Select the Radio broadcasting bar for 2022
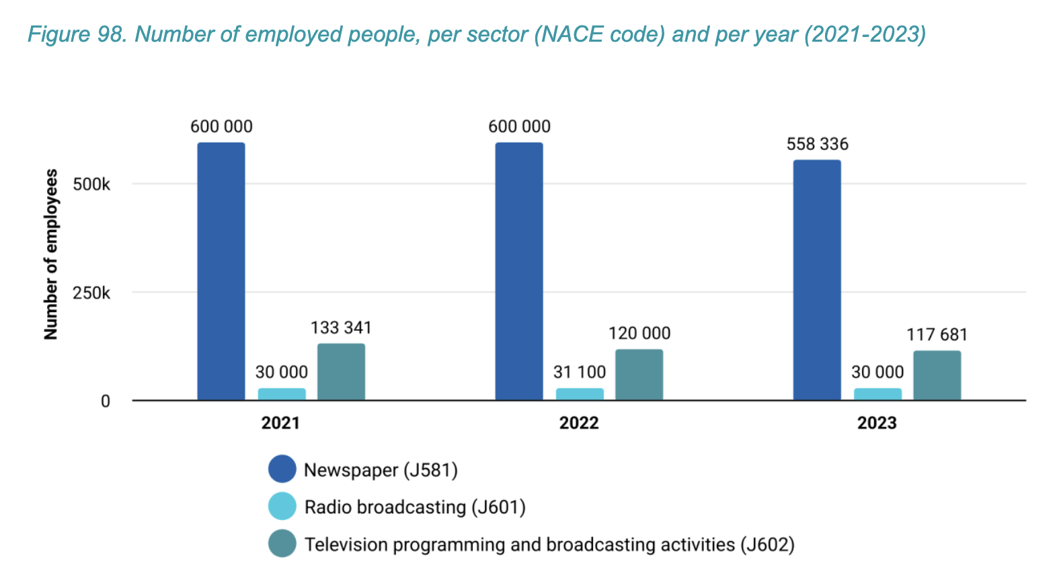(x=579, y=394)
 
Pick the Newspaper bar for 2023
(x=817, y=280)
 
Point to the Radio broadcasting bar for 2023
(x=877, y=394)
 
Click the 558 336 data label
(x=817, y=144)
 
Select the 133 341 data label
(x=341, y=328)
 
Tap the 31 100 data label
(x=579, y=372)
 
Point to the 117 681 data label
(x=937, y=334)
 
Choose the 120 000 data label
(x=639, y=333)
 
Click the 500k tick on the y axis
(x=91, y=184)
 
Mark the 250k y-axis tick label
(x=91, y=293)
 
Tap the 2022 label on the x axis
(x=579, y=423)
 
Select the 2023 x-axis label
(x=877, y=423)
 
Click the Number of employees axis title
(x=51, y=254)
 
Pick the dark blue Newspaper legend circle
(x=282, y=469)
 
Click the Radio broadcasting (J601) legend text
(x=415, y=507)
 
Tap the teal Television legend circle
(x=282, y=544)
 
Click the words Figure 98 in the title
(x=77, y=34)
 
